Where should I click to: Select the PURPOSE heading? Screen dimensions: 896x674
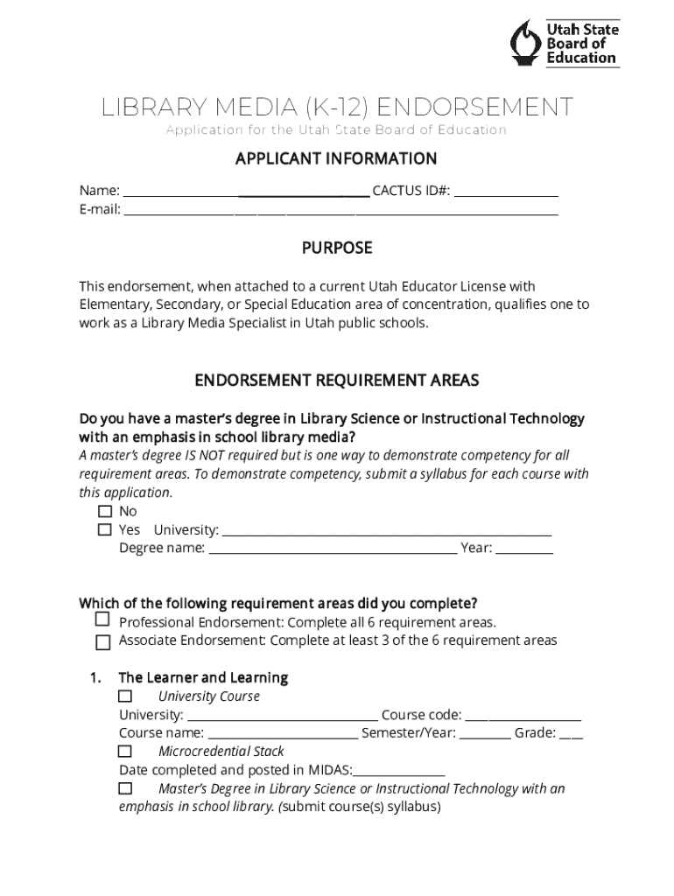coord(337,248)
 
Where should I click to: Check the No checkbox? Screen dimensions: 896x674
coord(105,511)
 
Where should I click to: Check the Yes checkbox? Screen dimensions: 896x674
coord(105,530)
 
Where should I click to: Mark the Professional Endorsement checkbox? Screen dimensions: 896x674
coord(102,620)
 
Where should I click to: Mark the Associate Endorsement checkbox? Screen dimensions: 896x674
coord(102,642)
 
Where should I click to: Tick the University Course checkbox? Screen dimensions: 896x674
coord(125,696)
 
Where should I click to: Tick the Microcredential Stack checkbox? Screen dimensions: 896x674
coord(125,752)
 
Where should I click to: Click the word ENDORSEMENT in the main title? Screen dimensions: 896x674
coord(476,108)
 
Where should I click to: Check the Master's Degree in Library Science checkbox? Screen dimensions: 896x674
coord(125,788)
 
